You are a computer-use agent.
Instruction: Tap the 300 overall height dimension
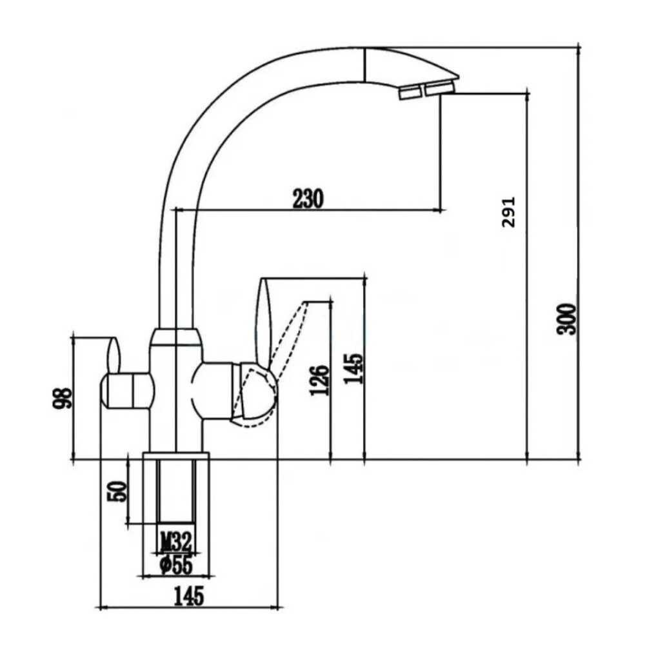pos(566,319)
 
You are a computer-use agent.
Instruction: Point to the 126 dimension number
pos(321,381)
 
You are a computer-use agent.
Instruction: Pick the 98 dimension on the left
pos(62,398)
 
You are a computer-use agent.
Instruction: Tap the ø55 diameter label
pos(175,565)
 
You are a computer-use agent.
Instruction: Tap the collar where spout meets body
pos(175,337)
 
